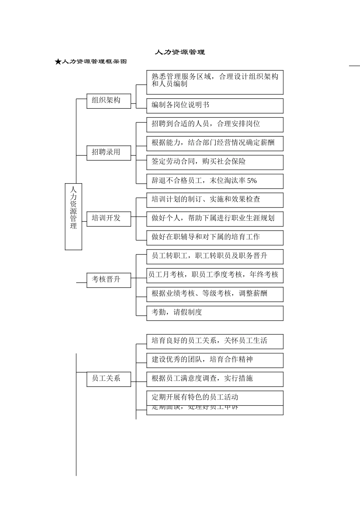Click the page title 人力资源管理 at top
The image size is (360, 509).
(x=180, y=52)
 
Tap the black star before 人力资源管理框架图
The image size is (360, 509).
(x=58, y=62)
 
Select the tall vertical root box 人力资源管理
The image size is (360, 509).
(x=74, y=217)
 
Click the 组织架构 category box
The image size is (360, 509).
(x=109, y=101)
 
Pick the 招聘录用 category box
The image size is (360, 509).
(x=109, y=153)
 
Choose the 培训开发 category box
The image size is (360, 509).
(x=109, y=219)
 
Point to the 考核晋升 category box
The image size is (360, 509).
(x=109, y=280)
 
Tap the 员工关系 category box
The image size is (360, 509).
(x=109, y=379)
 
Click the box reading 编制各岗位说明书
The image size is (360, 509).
(x=214, y=106)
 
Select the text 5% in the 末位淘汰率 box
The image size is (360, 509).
(x=252, y=181)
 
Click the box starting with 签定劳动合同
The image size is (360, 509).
(x=214, y=162)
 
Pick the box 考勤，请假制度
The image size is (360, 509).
(x=214, y=313)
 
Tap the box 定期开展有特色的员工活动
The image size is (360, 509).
(x=214, y=398)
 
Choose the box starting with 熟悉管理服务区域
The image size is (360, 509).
(x=214, y=82)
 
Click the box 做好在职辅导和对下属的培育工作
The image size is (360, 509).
(x=214, y=237)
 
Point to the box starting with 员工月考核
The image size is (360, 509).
(x=214, y=275)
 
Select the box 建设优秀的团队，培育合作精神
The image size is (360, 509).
(x=214, y=360)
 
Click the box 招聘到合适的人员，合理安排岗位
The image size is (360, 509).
(x=214, y=124)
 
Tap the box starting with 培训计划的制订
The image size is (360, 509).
(x=214, y=200)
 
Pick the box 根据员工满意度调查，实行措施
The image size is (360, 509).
(x=214, y=379)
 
